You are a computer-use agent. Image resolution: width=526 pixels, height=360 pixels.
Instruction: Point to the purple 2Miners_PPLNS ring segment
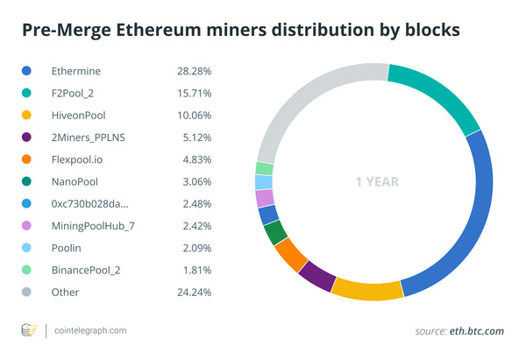(316, 276)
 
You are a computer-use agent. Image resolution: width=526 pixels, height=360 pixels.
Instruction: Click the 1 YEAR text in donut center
(377, 182)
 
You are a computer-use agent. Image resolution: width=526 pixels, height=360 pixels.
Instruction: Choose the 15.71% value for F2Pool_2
(193, 90)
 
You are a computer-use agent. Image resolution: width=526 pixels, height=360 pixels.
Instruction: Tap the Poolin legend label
(68, 248)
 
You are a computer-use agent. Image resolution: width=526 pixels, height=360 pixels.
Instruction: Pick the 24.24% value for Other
(193, 293)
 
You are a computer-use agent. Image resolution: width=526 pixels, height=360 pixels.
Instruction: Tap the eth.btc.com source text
(478, 330)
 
